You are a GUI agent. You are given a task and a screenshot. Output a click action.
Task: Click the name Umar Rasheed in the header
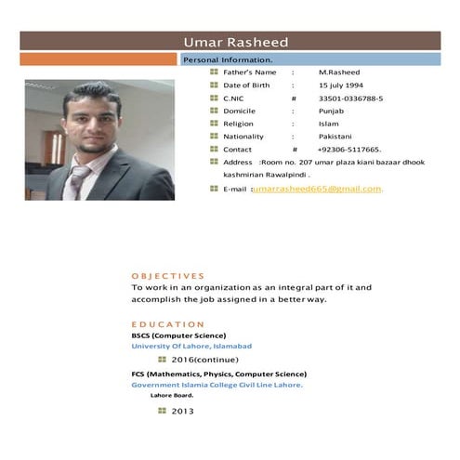pyautogui.click(x=236, y=42)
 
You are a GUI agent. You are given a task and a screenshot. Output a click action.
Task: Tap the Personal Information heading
pyautogui.click(x=227, y=59)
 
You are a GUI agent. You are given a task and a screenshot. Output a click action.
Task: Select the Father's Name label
pyautogui.click(x=249, y=72)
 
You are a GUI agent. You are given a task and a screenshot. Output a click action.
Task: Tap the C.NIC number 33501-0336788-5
pyautogui.click(x=350, y=98)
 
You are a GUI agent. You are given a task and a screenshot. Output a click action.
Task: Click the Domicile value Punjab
pyautogui.click(x=331, y=111)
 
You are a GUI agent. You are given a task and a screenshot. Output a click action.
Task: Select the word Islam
pyautogui.click(x=328, y=124)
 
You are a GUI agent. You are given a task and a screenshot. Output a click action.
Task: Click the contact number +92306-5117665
pyautogui.click(x=349, y=150)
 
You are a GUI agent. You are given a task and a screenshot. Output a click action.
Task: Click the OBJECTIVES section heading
pyautogui.click(x=167, y=276)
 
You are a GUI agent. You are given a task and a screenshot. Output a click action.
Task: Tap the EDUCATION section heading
pyautogui.click(x=167, y=324)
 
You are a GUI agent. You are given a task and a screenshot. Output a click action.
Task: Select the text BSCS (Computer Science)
pyautogui.click(x=178, y=335)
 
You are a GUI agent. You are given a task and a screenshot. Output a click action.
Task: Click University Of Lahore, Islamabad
pyautogui.click(x=191, y=346)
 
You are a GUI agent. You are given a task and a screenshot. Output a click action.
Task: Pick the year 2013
pyautogui.click(x=182, y=411)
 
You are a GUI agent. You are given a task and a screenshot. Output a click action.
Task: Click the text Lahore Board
pyautogui.click(x=172, y=395)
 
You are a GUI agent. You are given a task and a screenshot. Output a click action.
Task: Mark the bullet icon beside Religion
pyautogui.click(x=214, y=124)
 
